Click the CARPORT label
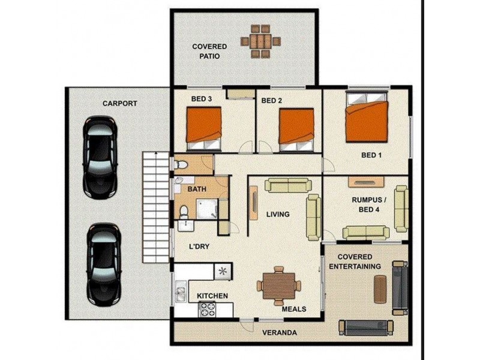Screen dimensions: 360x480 pyautogui.click(x=119, y=103)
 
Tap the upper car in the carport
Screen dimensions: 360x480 pyautogui.click(x=100, y=157)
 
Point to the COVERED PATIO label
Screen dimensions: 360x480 pyautogui.click(x=209, y=51)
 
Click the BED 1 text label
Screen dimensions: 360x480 pyautogui.click(x=371, y=155)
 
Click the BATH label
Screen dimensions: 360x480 pyautogui.click(x=197, y=189)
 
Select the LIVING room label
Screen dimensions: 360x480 pyautogui.click(x=278, y=214)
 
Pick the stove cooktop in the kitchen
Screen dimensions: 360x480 pyautogui.click(x=208, y=309)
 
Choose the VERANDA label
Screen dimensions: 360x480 pyautogui.click(x=277, y=332)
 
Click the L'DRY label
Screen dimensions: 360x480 pyautogui.click(x=199, y=246)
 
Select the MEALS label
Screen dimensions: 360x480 pyautogui.click(x=294, y=310)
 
